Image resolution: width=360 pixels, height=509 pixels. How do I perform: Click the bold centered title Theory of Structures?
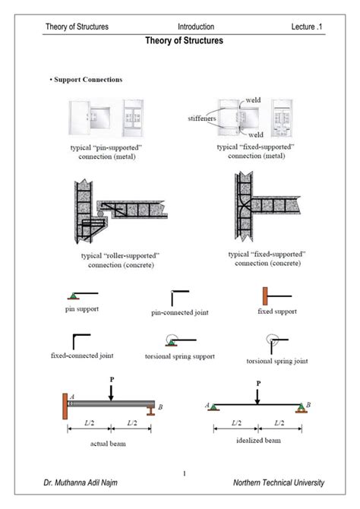[x=184, y=41]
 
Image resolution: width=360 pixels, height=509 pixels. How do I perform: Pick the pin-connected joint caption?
[x=180, y=312]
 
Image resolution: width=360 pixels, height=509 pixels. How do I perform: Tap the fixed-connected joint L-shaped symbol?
[x=81, y=341]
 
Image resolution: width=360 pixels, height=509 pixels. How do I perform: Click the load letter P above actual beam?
[x=111, y=379]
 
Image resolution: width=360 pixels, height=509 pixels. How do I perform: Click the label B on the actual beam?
[x=160, y=407]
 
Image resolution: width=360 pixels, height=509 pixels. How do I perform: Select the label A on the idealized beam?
[x=207, y=405]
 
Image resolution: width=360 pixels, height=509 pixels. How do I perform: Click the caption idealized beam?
[x=257, y=440]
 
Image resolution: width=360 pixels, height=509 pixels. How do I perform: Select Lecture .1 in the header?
[x=308, y=27]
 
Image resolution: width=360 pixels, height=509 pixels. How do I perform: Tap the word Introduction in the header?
[x=196, y=27]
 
